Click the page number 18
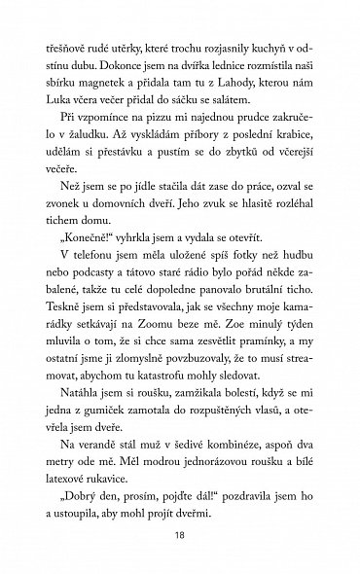point(180,533)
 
